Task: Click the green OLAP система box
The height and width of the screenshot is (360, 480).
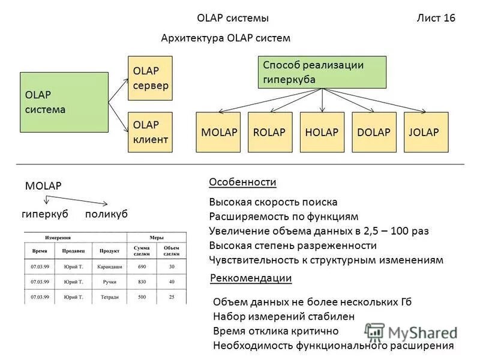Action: (64, 102)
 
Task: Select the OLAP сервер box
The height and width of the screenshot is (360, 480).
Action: (151, 78)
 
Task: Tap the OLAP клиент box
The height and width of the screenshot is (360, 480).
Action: (151, 132)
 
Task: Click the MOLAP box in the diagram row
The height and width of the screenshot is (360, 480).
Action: (218, 132)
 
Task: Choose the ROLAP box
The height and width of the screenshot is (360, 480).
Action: (270, 132)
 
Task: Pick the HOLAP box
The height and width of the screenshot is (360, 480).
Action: (322, 132)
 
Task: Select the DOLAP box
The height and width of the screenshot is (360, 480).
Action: (374, 132)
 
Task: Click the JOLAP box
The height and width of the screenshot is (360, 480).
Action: (426, 132)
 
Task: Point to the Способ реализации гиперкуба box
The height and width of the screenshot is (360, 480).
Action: (322, 72)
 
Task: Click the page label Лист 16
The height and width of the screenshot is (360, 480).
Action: (436, 18)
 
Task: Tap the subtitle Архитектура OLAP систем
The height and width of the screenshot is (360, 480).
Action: (226, 38)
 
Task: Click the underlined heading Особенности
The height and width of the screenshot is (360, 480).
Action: (242, 182)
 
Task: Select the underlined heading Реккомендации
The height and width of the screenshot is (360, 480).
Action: (251, 278)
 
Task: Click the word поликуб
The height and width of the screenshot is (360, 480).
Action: (106, 214)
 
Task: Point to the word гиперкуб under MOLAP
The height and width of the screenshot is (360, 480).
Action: (45, 214)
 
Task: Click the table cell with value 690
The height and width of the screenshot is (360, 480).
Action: (142, 266)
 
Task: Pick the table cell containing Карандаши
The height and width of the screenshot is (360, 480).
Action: (110, 266)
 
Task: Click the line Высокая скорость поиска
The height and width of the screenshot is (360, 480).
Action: (273, 202)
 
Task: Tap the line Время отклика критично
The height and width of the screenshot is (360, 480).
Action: (275, 331)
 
